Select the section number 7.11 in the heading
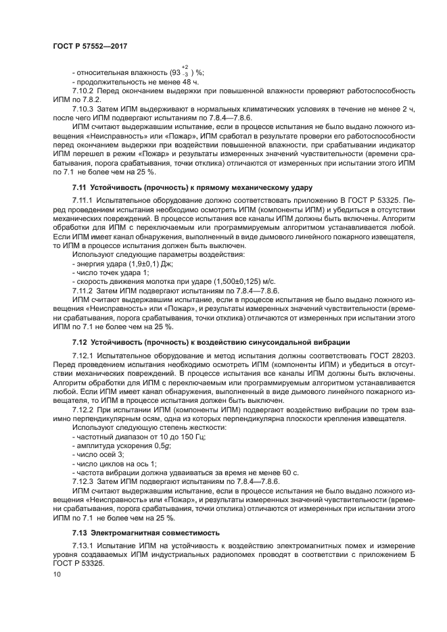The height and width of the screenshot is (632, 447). click(x=80, y=186)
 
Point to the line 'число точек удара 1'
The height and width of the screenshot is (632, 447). click(x=109, y=271)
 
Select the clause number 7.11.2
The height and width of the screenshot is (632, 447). click(x=84, y=289)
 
